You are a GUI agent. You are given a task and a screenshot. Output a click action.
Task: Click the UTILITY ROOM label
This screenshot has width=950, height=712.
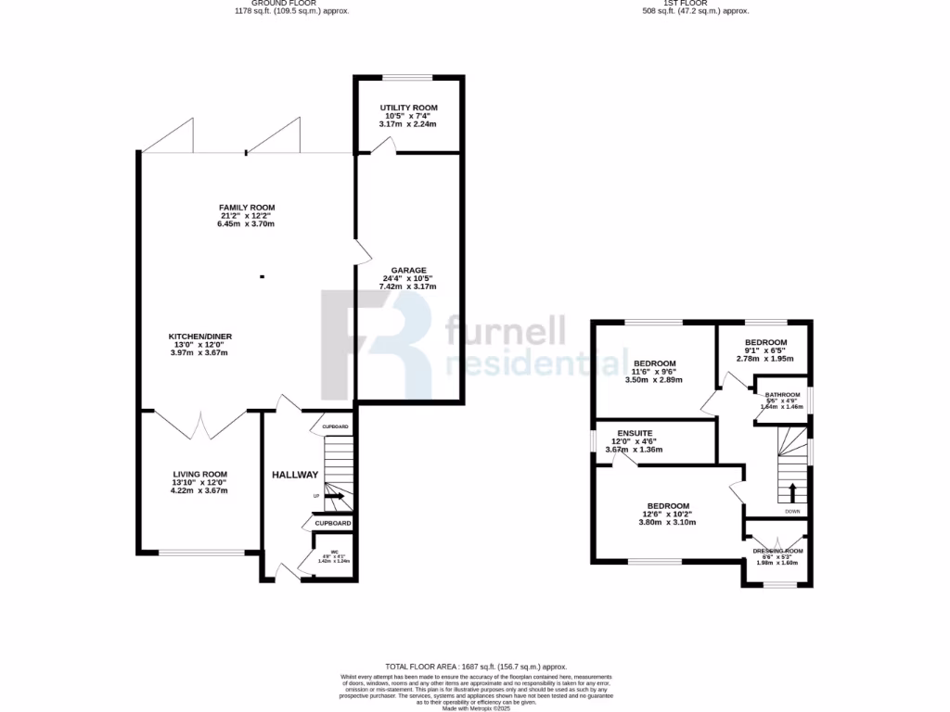point(408,107)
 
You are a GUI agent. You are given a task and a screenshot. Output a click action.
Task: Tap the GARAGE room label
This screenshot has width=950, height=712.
point(407,269)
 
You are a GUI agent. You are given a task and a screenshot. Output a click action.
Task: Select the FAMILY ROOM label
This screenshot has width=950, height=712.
point(247,208)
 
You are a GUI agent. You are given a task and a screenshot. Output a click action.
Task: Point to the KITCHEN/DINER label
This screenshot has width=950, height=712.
point(199,336)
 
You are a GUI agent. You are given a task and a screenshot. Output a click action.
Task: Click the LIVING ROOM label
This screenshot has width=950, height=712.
point(199,474)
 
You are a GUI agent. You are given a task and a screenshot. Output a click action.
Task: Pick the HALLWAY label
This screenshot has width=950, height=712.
point(295,475)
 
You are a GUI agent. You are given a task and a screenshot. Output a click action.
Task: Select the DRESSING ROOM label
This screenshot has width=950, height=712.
point(777,551)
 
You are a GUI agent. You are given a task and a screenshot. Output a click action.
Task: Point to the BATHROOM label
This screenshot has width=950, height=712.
point(782,395)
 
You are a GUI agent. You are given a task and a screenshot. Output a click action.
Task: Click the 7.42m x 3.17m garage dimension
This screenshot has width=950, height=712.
point(407,286)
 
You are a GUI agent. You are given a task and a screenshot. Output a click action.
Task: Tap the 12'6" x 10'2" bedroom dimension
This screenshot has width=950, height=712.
point(668,514)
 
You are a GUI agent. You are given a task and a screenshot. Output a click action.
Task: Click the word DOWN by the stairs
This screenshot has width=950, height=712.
point(791,511)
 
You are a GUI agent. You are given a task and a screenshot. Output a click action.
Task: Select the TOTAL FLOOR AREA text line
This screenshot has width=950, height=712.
point(475,667)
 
